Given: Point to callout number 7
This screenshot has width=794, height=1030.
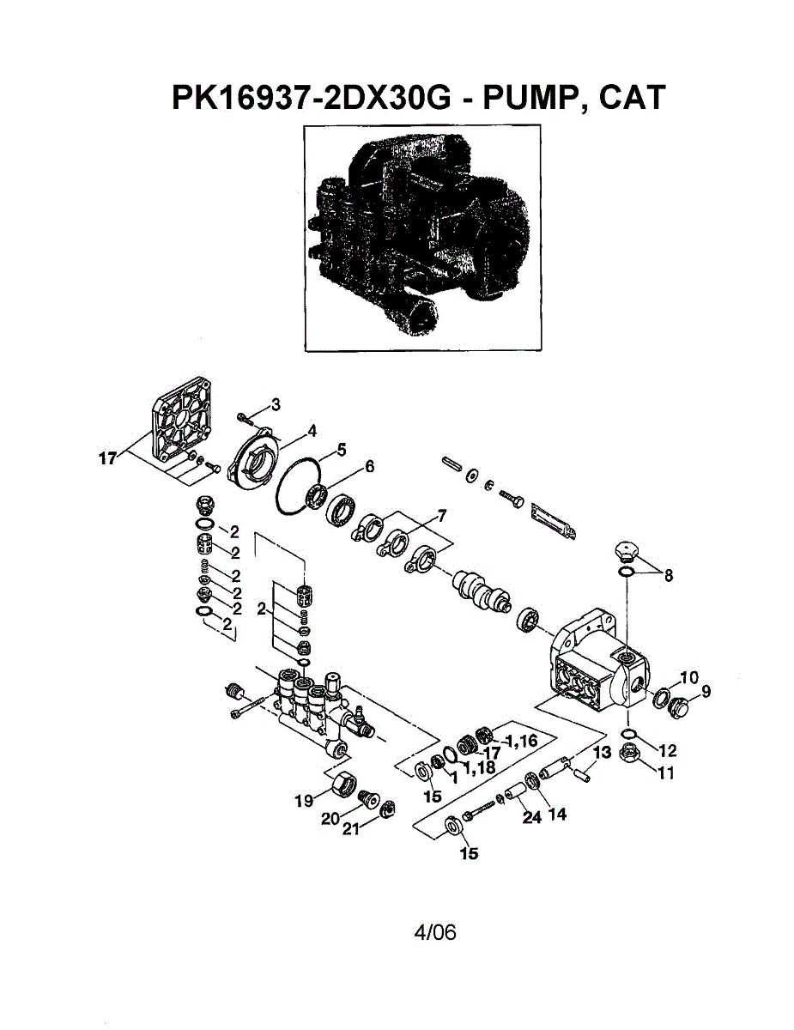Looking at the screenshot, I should click(441, 516).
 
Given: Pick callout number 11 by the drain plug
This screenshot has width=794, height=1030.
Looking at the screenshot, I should click(665, 772).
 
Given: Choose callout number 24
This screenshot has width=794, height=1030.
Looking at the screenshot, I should click(532, 817).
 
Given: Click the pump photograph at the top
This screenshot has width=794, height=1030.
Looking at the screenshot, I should click(422, 238).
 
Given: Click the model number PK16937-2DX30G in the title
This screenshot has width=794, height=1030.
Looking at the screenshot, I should click(311, 97).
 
